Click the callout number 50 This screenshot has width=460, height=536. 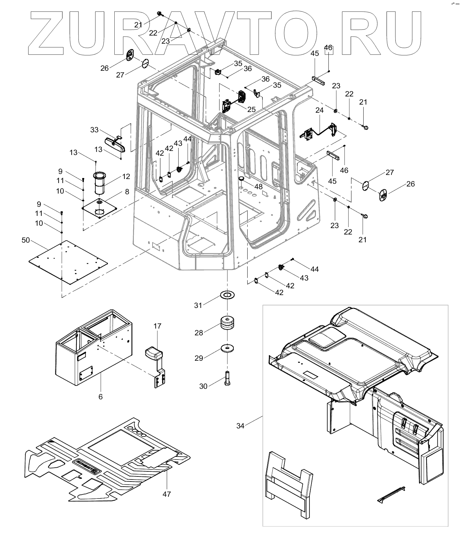[x=26, y=240]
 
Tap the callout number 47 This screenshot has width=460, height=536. [x=166, y=494]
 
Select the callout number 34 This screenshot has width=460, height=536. [x=240, y=426]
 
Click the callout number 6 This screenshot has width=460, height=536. [x=100, y=397]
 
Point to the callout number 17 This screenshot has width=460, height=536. [x=157, y=326]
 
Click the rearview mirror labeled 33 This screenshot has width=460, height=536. [x=115, y=144]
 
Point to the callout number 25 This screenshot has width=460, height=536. [x=251, y=109]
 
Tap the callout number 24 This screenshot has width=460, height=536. [x=320, y=110]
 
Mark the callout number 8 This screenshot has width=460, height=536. [x=127, y=192]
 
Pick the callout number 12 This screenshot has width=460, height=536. [x=126, y=176]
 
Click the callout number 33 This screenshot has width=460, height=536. [x=94, y=130]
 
